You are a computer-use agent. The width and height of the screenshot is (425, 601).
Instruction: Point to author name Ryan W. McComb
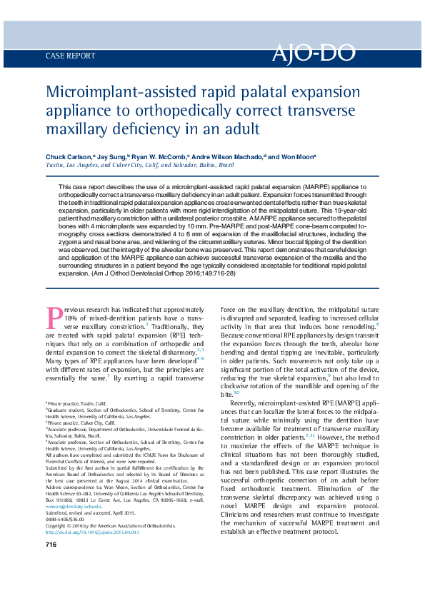coord(160,156)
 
